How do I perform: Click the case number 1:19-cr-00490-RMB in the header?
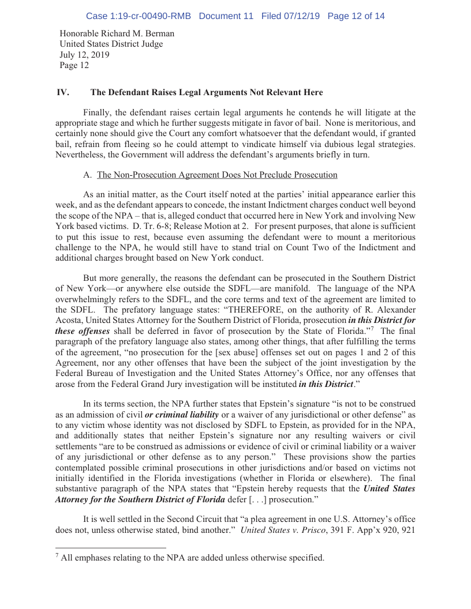[x=138, y=16]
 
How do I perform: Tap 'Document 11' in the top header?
[x=226, y=16]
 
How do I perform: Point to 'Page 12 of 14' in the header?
[x=356, y=16]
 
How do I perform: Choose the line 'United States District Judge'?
[x=111, y=44]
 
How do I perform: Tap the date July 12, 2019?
[x=85, y=55]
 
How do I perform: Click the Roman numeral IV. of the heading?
[x=62, y=92]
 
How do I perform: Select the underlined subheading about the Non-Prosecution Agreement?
[x=217, y=175]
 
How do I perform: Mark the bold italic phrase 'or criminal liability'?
[x=182, y=415]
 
